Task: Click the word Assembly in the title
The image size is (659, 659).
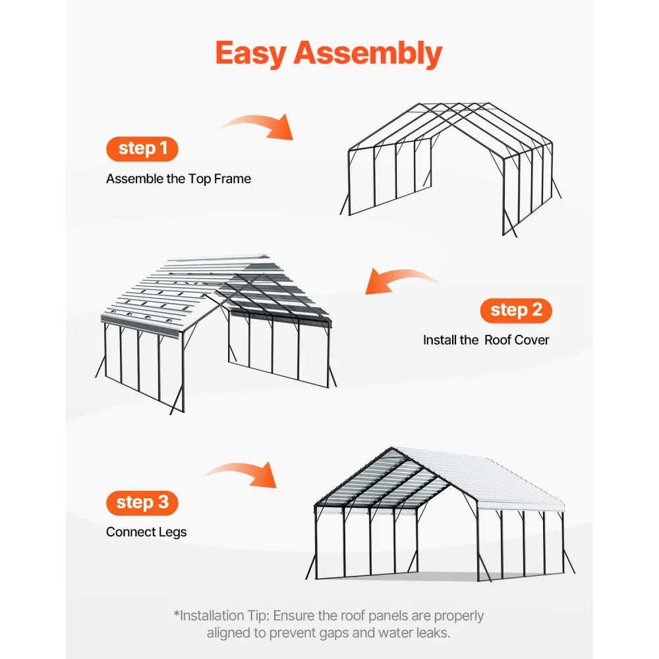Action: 368,54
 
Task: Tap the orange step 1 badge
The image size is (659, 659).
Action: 142,149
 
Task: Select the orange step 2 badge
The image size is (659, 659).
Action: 516,310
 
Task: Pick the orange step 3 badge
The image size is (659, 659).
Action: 142,503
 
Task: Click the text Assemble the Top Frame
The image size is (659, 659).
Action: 179,179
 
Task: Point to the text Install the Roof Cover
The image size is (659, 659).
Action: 486,340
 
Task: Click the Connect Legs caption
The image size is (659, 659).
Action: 146,532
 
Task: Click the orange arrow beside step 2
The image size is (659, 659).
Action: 399,281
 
